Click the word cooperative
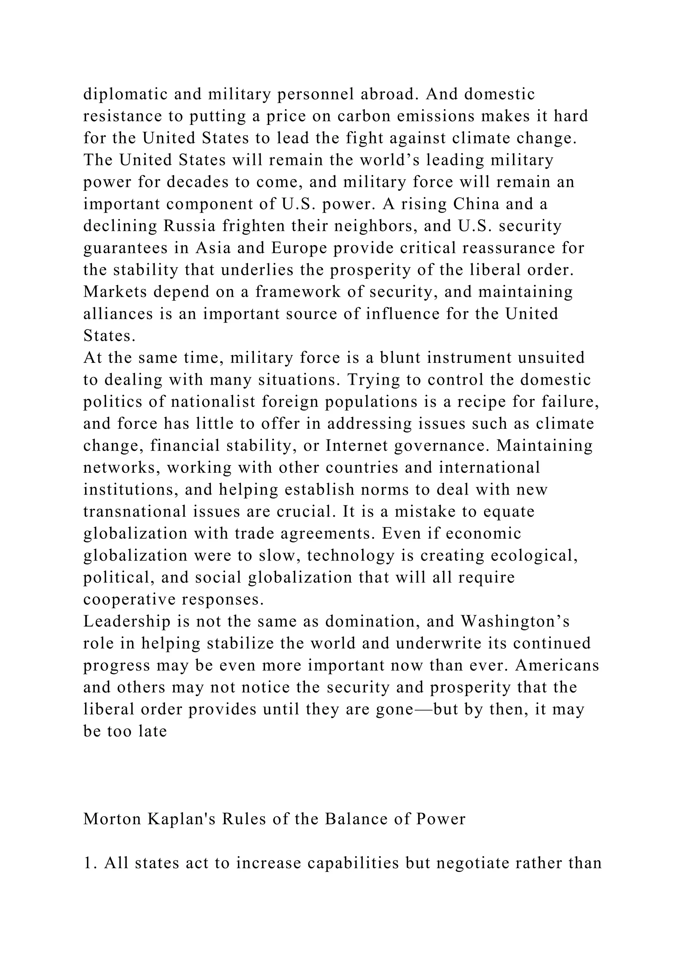[x=129, y=600]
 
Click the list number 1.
[x=88, y=863]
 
